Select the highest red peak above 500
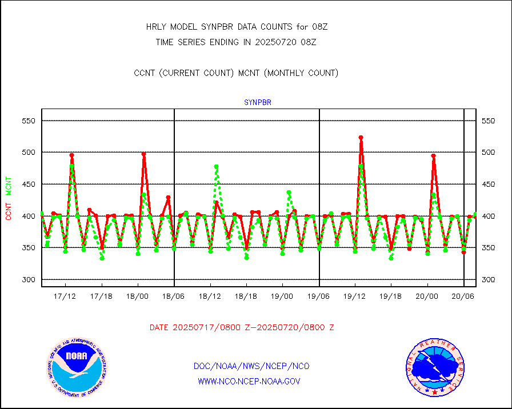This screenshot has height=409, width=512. [361, 138]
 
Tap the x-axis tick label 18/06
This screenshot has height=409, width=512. [174, 296]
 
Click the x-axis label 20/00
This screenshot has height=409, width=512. [427, 296]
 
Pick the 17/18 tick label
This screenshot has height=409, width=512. [101, 296]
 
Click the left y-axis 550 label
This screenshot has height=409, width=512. [28, 121]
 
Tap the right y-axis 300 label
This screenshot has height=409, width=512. [489, 279]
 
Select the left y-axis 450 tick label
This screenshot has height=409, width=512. [28, 184]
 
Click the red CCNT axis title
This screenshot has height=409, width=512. [9, 211]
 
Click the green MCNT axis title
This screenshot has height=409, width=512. [9, 186]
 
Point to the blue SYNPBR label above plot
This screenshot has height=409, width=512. [257, 103]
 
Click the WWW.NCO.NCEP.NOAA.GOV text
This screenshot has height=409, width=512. [249, 381]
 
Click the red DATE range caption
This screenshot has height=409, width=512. [242, 327]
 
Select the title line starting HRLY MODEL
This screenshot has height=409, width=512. [237, 27]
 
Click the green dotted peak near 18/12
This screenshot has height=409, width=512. [217, 167]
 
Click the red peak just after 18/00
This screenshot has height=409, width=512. [143, 154]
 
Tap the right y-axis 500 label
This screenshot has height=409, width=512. [489, 153]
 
